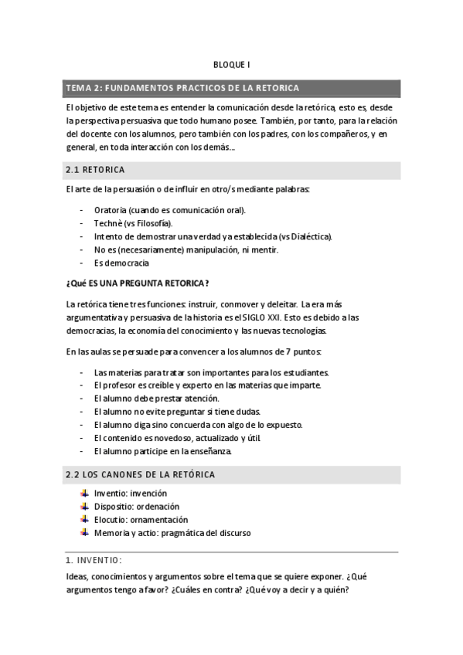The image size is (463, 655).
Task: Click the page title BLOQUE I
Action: tap(231, 66)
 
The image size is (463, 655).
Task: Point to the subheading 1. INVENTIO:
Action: tap(94, 559)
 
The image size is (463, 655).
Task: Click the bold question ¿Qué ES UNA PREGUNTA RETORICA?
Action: tap(138, 282)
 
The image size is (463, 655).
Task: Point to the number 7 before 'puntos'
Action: tap(291, 351)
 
